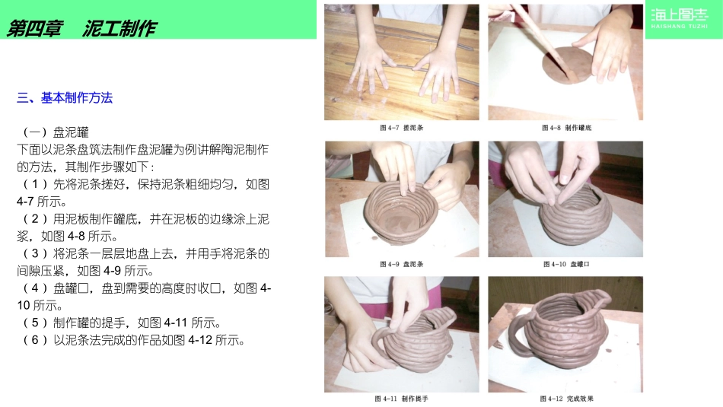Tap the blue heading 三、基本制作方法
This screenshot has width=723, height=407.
click(65, 97)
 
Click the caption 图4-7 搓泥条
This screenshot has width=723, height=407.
click(401, 128)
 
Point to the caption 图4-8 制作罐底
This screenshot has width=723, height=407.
click(566, 128)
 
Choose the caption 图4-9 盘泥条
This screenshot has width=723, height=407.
click(400, 264)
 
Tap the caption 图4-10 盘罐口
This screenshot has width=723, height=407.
click(566, 264)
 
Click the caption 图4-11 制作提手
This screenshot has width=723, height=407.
click(401, 398)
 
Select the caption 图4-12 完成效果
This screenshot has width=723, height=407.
click(566, 398)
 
